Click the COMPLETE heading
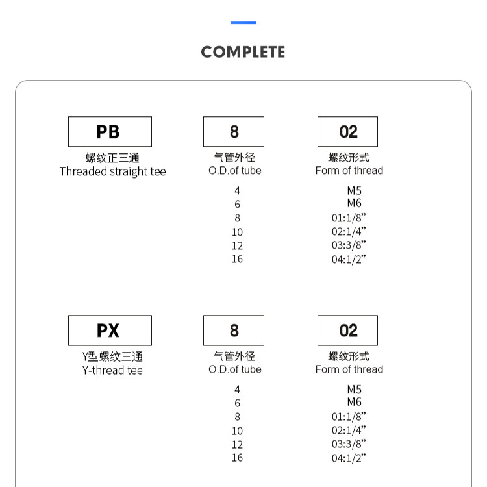(243, 52)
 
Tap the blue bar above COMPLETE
(243, 23)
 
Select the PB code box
(110, 131)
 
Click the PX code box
(110, 331)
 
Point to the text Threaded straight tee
(112, 171)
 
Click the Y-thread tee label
(112, 370)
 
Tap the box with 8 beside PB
(234, 131)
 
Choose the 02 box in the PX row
(347, 331)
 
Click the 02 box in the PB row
(347, 131)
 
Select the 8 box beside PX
(234, 331)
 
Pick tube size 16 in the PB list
(237, 259)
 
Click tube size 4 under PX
(237, 390)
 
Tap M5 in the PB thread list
(354, 190)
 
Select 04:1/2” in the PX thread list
(349, 458)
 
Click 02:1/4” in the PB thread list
(349, 231)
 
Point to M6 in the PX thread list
(354, 403)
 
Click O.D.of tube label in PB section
(235, 171)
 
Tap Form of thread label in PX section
(349, 369)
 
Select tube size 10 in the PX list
(237, 431)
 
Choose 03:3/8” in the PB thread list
(349, 245)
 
